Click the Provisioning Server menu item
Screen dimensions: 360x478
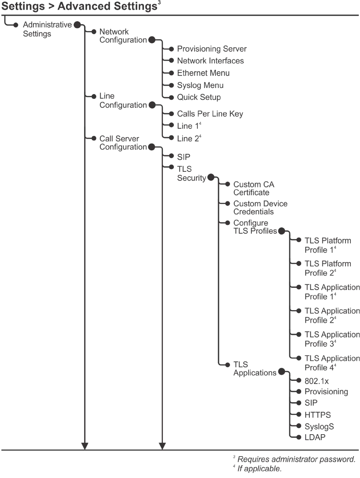pos(212,49)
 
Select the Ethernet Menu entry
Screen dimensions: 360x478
pos(203,73)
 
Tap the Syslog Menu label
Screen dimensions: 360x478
pos(200,85)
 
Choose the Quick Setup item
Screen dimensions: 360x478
pos(199,97)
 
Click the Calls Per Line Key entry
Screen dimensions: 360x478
pos(210,114)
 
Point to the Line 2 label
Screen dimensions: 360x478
pos(187,138)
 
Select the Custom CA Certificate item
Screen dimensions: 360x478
pos(254,188)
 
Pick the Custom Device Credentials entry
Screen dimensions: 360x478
pos(260,207)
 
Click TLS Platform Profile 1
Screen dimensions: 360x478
pos(327,245)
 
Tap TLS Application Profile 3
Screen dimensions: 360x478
pos(332,339)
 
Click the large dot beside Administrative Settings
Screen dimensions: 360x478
pos(77,25)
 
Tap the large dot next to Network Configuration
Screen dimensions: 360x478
pos(152,40)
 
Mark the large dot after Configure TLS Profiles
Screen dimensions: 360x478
pos(281,231)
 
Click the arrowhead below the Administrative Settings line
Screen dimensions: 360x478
pos(85,446)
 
